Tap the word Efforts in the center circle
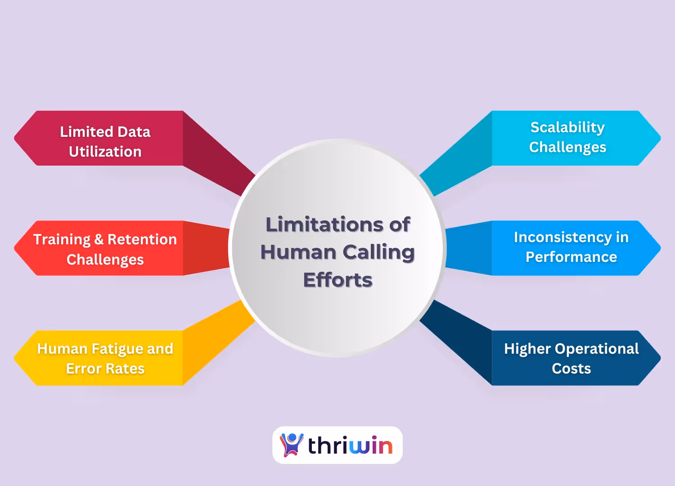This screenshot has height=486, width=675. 338,280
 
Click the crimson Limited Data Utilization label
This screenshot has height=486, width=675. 105,141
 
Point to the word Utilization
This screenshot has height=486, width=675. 105,152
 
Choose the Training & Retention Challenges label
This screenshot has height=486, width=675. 105,249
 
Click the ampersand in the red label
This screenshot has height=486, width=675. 99,239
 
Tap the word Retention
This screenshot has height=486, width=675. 142,239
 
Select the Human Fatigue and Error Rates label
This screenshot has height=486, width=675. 105,358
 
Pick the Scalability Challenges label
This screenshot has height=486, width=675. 567,137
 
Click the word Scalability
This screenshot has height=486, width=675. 567,127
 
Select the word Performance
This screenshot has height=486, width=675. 571,257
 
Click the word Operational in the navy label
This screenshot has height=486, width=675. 597,349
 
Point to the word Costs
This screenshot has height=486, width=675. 571,369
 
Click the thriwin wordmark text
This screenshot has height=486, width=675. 350,445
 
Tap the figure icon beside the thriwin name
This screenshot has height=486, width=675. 292,445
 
